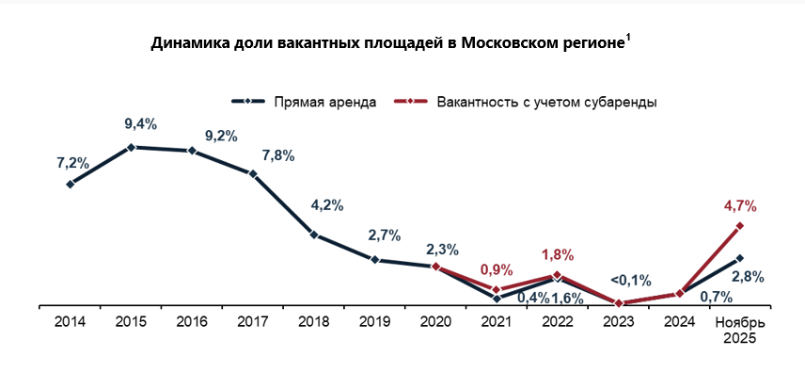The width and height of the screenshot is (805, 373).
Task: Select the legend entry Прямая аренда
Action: (325, 102)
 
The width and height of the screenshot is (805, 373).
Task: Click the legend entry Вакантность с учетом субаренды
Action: (546, 102)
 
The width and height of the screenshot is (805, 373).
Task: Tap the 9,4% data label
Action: (140, 123)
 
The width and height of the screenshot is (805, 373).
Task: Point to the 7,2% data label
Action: (72, 163)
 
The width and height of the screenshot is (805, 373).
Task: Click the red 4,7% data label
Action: (740, 204)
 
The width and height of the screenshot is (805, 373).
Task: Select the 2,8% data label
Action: (748, 277)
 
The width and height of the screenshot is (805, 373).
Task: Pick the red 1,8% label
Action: (558, 254)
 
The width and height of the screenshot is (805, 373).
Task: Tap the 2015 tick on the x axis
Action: (131, 322)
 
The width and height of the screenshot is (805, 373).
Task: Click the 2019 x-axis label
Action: (374, 322)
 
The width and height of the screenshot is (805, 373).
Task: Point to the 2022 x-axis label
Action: (558, 322)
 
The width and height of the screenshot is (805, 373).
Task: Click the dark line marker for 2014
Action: (71, 185)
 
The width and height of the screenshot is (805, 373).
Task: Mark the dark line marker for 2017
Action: (253, 174)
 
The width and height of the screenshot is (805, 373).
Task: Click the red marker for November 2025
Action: (741, 226)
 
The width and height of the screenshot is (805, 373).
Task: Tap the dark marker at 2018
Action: (314, 235)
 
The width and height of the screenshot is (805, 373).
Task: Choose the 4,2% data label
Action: (326, 204)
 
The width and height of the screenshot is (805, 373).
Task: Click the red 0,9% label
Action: (497, 269)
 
